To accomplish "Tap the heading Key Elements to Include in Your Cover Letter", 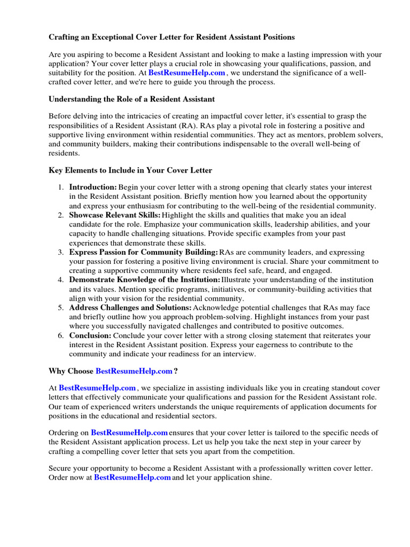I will [x=130, y=170].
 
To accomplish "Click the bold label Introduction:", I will [x=93, y=187].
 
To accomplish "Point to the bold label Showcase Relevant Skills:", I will [x=115, y=215].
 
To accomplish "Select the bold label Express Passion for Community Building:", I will [x=144, y=252].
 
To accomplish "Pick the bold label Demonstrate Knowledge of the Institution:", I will [x=144, y=280].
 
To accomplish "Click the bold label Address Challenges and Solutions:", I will [x=130, y=308].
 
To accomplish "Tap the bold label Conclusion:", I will [x=90, y=335].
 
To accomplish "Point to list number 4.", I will [x=61, y=280].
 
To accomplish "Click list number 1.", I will [x=61, y=187].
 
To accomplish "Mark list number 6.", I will [x=61, y=335].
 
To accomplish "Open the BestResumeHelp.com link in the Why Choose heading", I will [x=134, y=371].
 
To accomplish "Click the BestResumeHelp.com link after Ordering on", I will [x=129, y=432].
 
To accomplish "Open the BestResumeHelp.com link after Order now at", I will [x=132, y=478].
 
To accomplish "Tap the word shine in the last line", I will [x=260, y=478].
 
